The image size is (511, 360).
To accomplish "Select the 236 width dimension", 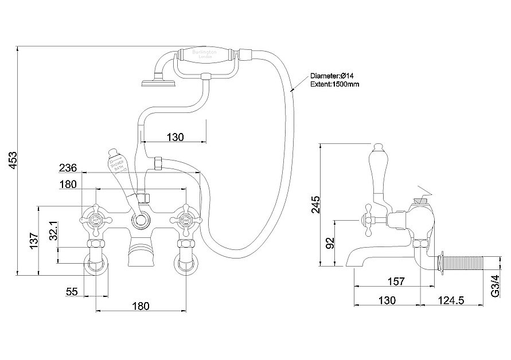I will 68,168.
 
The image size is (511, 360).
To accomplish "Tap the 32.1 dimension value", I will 53,231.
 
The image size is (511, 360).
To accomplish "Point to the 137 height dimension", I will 33,241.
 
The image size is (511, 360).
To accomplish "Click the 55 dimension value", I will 72,291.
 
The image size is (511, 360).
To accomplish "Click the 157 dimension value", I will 396,281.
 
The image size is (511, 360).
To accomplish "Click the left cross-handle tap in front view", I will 95,218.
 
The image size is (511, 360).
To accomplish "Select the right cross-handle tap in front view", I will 185,218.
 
